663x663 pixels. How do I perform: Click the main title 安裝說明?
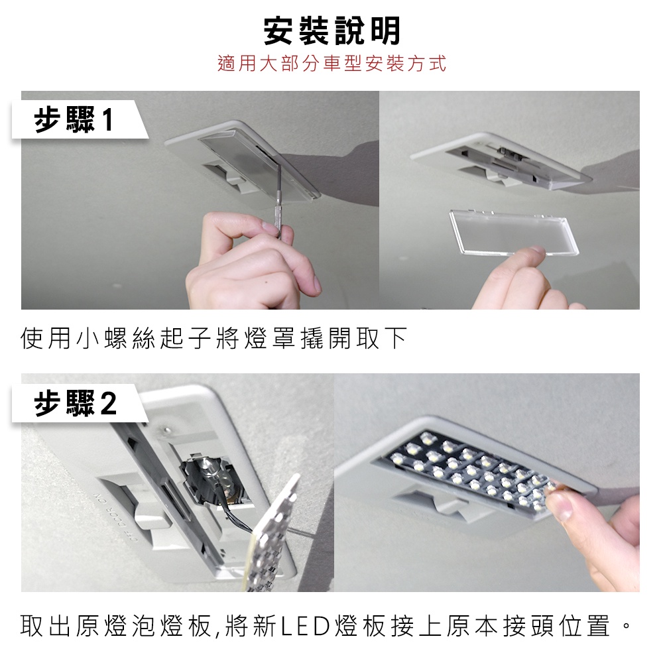click(331, 31)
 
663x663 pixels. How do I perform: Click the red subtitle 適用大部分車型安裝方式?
click(332, 64)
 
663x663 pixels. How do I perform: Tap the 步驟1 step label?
click(73, 119)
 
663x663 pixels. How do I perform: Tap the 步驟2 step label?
click(75, 403)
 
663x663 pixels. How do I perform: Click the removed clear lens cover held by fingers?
click(514, 232)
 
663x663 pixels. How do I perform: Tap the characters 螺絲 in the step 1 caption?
click(130, 338)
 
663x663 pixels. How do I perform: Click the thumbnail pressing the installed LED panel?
click(560, 505)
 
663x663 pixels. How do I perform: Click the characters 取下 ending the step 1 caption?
click(382, 338)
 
